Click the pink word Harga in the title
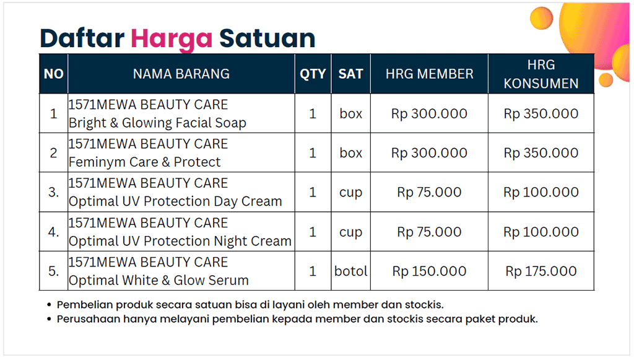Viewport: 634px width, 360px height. (172, 40)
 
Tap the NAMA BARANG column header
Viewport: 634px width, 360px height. (181, 74)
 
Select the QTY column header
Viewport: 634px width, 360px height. (313, 74)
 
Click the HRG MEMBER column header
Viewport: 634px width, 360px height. (429, 74)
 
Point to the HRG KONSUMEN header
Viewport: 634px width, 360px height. (541, 74)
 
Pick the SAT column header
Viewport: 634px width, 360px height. (350, 74)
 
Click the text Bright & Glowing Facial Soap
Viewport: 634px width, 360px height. (157, 123)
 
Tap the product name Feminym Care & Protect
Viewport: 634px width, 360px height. (144, 162)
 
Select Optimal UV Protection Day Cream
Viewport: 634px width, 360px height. (175, 201)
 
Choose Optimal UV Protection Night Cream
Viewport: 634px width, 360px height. (180, 240)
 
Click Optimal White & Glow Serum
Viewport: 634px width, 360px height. (158, 280)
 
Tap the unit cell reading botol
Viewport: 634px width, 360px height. (350, 271)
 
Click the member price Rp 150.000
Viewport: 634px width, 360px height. (429, 271)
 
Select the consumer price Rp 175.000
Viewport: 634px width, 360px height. (541, 271)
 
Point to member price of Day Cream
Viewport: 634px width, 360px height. (429, 192)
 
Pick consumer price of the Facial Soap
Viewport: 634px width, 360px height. (541, 113)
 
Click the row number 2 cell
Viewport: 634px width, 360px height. (53, 153)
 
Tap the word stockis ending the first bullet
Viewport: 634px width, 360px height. (424, 305)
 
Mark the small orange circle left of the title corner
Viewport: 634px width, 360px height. (541, 17)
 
